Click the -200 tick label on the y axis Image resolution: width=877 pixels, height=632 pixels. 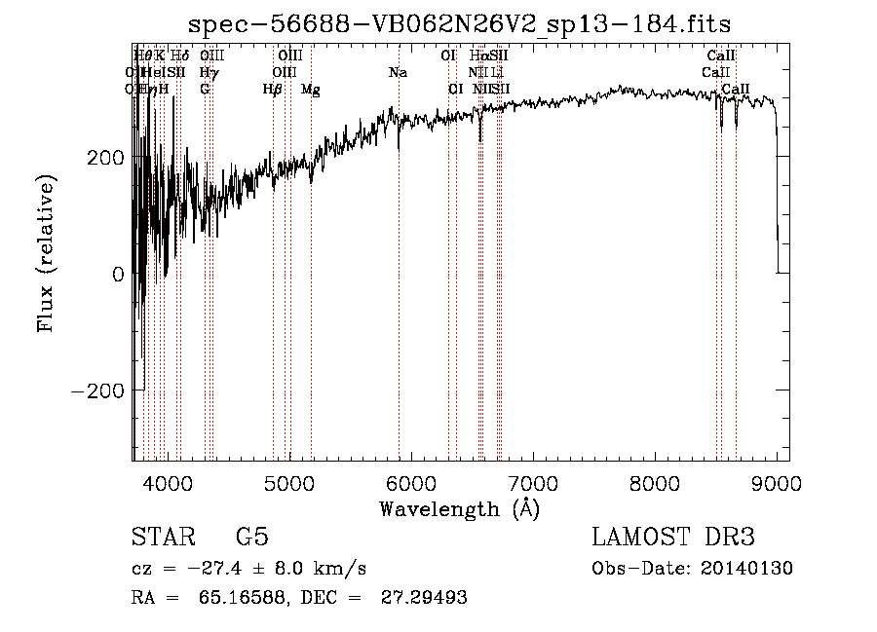95,390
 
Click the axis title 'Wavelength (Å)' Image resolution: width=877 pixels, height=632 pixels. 460,508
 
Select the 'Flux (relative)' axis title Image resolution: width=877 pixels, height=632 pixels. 47,253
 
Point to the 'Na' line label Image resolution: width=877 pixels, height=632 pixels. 398,72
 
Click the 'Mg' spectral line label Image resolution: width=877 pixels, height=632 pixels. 310,89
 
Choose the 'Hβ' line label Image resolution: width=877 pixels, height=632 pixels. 272,89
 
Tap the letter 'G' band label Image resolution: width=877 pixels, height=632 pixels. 205,89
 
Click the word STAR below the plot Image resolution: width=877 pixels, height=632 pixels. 163,538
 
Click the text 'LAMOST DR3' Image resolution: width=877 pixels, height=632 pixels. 672,538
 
